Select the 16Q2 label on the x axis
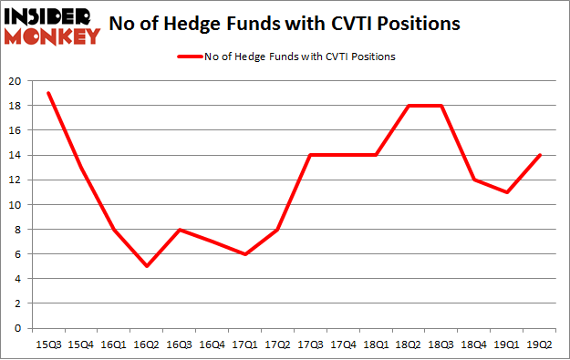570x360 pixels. coord(146,343)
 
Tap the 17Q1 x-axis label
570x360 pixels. coord(244,343)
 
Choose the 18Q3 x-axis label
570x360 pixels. coord(441,343)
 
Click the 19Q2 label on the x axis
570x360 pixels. coord(540,343)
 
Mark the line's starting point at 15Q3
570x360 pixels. coord(47,93)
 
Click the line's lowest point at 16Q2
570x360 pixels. coord(146,266)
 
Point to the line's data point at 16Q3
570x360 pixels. coord(179,230)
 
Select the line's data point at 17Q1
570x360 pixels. coord(244,254)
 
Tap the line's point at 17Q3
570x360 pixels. coord(310,155)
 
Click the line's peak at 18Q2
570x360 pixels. coord(409,106)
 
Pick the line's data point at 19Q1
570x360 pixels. coord(507,192)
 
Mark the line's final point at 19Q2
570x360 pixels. coord(540,155)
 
